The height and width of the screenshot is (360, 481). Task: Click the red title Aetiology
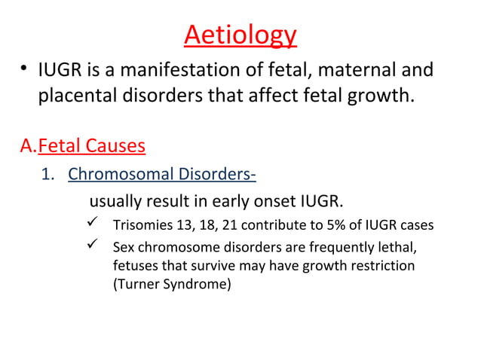tap(240, 35)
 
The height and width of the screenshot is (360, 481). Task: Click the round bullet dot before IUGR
tap(25, 72)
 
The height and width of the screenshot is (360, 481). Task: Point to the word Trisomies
tap(139, 227)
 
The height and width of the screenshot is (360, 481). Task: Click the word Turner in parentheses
tap(136, 285)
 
